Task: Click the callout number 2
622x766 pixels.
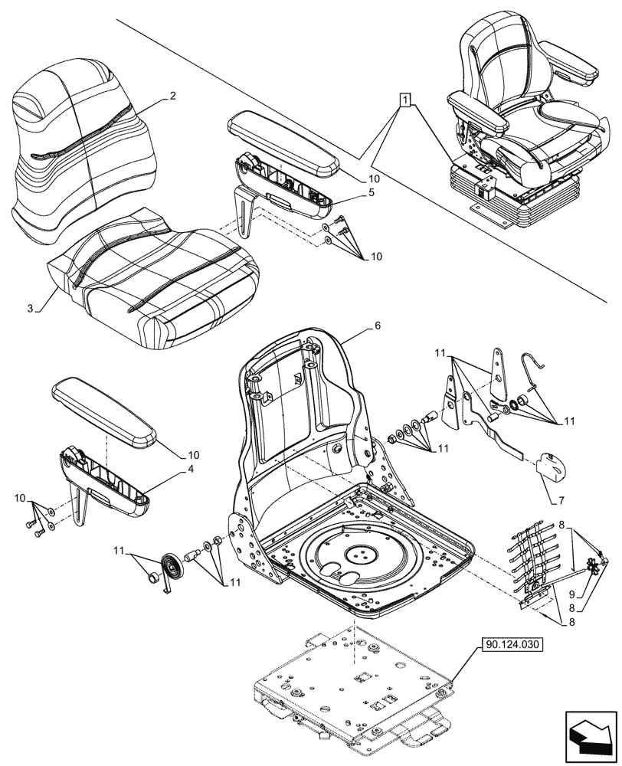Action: tap(173, 97)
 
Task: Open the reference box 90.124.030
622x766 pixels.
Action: tap(512, 645)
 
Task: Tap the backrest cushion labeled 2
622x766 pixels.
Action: tap(80, 146)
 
